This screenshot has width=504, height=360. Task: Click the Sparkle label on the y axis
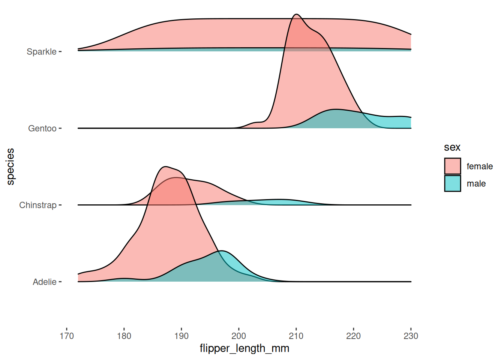coord(41,52)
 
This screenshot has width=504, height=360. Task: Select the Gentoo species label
coord(42,129)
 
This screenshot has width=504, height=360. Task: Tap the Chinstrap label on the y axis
coord(38,205)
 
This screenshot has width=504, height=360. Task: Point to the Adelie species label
coord(45,282)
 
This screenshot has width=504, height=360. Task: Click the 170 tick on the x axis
coord(67,336)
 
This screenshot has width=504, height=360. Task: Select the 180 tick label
coord(124,336)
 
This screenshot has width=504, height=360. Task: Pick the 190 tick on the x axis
coord(181,336)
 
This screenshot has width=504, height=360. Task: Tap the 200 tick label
coord(239,336)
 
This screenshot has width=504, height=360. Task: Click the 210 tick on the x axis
coord(296,336)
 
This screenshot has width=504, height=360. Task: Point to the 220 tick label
coord(354,336)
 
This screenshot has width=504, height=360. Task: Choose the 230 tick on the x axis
coord(411,336)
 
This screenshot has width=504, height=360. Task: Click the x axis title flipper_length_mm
coord(244,348)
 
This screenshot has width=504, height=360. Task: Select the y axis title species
coord(10,166)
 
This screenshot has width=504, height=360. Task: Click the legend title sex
coord(452,147)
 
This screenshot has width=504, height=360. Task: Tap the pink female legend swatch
coord(453,166)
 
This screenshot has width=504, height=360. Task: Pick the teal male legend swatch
coord(453,183)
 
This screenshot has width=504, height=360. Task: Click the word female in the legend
coord(480,166)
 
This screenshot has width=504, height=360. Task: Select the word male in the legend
coord(476,184)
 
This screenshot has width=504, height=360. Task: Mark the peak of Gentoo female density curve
coord(297,14)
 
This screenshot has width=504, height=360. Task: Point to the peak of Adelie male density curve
coord(221,250)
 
